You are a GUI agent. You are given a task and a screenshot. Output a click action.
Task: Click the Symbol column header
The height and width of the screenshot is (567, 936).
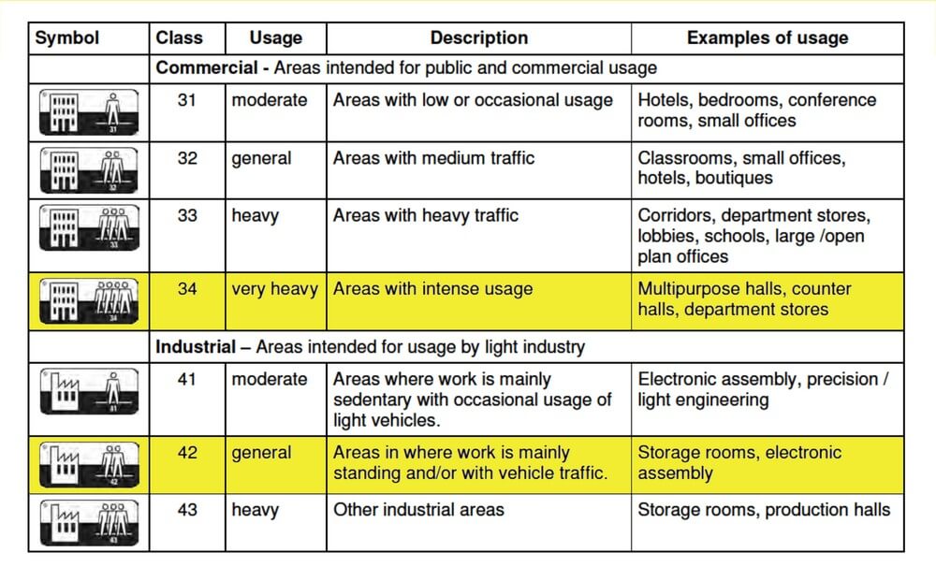(66, 38)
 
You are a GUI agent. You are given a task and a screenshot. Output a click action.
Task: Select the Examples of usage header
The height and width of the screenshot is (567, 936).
(767, 38)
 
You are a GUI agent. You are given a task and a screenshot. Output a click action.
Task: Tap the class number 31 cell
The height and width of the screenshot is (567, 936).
(187, 100)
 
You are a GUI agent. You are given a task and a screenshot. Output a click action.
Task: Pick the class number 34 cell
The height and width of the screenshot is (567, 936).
(187, 289)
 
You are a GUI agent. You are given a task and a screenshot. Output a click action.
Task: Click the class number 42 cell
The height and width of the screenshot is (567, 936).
(187, 453)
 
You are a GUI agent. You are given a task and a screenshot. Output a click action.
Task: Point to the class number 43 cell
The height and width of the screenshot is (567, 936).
(187, 510)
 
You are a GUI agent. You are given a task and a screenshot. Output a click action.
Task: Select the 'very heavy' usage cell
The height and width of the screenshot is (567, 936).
(274, 289)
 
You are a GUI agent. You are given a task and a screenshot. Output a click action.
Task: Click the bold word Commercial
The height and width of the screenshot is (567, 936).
(205, 68)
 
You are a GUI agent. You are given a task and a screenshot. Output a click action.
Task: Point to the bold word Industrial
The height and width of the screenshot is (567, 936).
(196, 347)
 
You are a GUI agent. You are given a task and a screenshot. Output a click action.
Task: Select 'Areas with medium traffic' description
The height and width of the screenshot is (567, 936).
(433, 158)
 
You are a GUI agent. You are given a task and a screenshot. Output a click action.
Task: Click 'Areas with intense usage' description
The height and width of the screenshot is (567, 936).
(432, 289)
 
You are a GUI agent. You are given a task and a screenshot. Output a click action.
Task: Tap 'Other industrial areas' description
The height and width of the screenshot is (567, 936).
(418, 510)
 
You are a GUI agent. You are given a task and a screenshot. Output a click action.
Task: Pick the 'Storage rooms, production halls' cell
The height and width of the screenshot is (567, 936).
(764, 510)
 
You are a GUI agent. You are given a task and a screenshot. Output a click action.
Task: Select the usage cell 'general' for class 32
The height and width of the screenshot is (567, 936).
(261, 158)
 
